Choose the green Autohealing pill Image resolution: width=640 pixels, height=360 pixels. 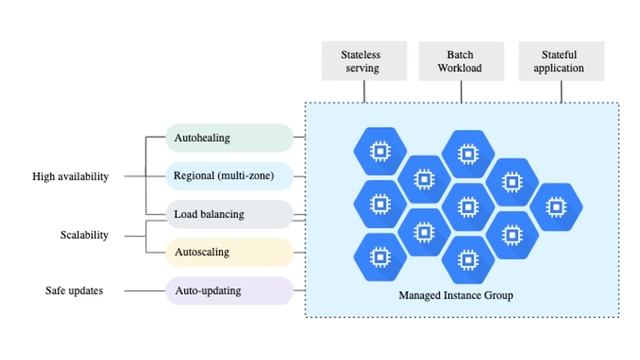point(229,138)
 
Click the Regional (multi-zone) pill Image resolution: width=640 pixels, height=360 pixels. point(229,176)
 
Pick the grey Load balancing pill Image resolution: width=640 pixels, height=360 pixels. point(229,214)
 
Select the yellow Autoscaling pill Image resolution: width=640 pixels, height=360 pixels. point(229,252)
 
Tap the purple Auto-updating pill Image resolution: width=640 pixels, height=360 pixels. point(229,290)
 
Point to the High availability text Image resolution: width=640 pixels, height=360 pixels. point(69,177)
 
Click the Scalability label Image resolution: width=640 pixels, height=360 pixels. point(84,235)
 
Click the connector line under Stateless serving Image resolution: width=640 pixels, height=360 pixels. point(365,90)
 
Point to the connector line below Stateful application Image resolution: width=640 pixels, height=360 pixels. point(562,90)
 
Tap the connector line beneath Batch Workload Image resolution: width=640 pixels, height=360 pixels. point(463,90)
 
